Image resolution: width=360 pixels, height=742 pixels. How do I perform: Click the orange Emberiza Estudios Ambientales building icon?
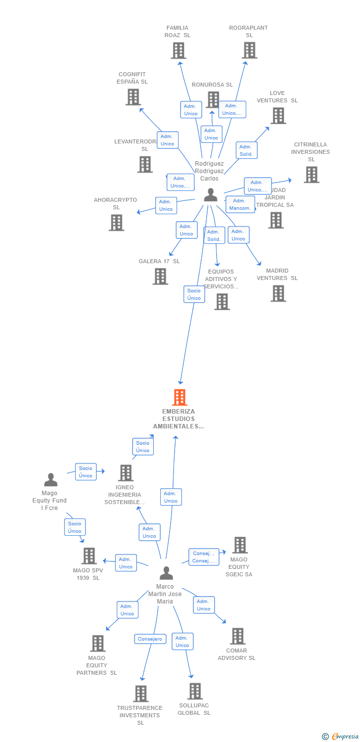click(180, 397)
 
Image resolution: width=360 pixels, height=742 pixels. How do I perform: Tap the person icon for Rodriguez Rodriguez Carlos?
click(211, 195)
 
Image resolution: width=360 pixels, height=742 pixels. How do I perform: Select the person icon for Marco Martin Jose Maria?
click(167, 573)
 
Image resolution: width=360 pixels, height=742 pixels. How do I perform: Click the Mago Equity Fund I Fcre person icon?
click(50, 479)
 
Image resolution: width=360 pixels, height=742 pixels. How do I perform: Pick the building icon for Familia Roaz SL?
click(178, 50)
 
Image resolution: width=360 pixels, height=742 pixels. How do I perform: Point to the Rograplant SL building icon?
click(250, 50)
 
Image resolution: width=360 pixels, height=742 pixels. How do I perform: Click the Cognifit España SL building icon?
click(133, 97)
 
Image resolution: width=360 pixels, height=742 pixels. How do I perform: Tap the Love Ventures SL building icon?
click(278, 116)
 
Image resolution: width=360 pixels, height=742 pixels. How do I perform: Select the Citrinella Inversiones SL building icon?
click(311, 175)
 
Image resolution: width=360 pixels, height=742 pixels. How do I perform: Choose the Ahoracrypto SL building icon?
click(116, 223)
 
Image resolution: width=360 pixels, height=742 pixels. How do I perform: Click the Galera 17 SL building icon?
click(160, 277)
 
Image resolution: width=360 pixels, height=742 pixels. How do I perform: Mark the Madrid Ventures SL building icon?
click(278, 293)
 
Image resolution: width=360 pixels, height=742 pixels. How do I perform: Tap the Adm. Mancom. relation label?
click(241, 204)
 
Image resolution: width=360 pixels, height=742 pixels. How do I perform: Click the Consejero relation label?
click(150, 639)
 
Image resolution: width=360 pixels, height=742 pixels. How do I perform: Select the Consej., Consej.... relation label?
click(204, 557)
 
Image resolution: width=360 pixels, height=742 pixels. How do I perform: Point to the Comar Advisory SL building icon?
click(238, 636)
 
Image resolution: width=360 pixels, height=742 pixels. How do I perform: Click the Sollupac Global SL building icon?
click(195, 691)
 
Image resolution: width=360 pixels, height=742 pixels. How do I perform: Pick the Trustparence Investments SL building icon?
click(141, 694)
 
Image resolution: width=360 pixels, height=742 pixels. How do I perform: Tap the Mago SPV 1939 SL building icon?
click(89, 556)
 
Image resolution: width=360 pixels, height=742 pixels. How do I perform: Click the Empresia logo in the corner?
click(341, 737)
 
